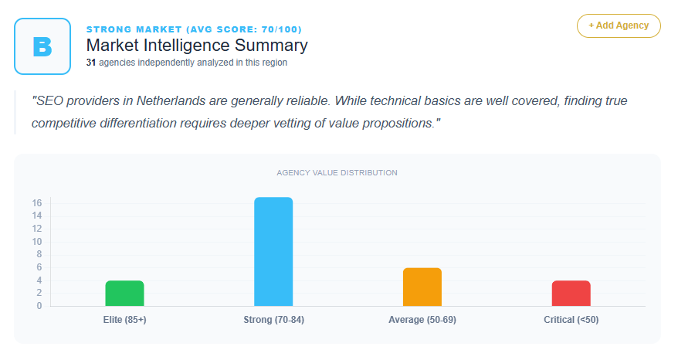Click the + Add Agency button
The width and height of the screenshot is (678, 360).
(x=619, y=25)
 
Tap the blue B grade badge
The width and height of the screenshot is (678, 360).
(x=42, y=46)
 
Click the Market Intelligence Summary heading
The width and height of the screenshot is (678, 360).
(x=197, y=46)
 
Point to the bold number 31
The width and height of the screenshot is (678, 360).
(x=90, y=63)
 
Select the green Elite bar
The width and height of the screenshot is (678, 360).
(x=124, y=293)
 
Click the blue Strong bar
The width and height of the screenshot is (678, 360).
(x=273, y=252)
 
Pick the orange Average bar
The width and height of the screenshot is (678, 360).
(x=422, y=287)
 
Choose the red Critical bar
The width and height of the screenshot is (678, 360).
(x=571, y=293)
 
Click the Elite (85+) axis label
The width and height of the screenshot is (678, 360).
(x=124, y=320)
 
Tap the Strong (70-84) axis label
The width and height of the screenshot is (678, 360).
(x=273, y=320)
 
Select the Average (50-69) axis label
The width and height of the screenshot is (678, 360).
(x=422, y=320)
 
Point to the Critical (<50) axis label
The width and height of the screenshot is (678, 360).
(x=571, y=320)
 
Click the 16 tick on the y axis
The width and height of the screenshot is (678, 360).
(x=36, y=203)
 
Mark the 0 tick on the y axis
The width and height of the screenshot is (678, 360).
(x=39, y=306)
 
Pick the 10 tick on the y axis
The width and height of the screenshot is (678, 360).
(x=36, y=242)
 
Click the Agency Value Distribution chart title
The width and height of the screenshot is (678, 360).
(x=337, y=173)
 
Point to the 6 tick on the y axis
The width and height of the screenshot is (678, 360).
(x=39, y=267)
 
